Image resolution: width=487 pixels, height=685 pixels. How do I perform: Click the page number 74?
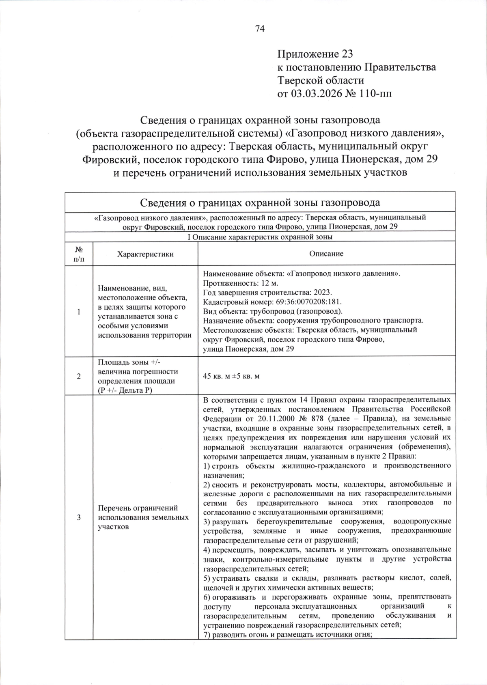tap(260, 28)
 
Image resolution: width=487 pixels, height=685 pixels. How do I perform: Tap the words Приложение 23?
tap(315, 54)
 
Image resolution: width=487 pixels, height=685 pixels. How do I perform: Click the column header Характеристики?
tap(145, 254)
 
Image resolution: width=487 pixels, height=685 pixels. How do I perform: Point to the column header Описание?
tap(326, 254)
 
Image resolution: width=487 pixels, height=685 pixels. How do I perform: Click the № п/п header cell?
tap(79, 254)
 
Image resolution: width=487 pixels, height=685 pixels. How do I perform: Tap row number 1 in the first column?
tap(79, 312)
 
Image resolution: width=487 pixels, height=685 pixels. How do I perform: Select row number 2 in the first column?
tap(79, 377)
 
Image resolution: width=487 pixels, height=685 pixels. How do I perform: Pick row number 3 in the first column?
tap(79, 517)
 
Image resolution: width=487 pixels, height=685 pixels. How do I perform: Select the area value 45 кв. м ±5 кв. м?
tap(231, 377)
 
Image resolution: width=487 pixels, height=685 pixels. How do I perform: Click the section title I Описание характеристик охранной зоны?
tap(260, 237)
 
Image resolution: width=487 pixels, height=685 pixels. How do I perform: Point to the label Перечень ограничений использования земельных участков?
tap(143, 517)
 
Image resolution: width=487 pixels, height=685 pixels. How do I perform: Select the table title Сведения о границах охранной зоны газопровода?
tap(260, 202)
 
